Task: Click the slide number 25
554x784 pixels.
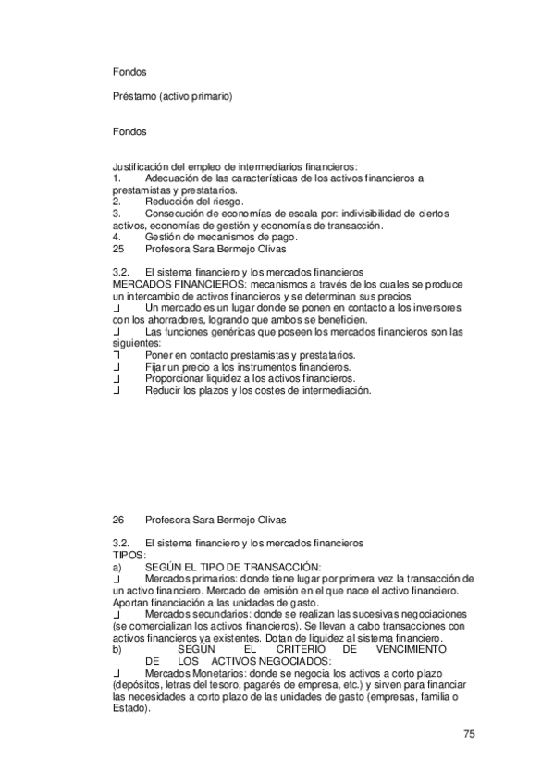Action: point(117,249)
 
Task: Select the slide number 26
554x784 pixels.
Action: point(117,520)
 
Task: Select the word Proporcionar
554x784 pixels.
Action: point(177,379)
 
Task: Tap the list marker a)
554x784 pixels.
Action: point(116,567)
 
